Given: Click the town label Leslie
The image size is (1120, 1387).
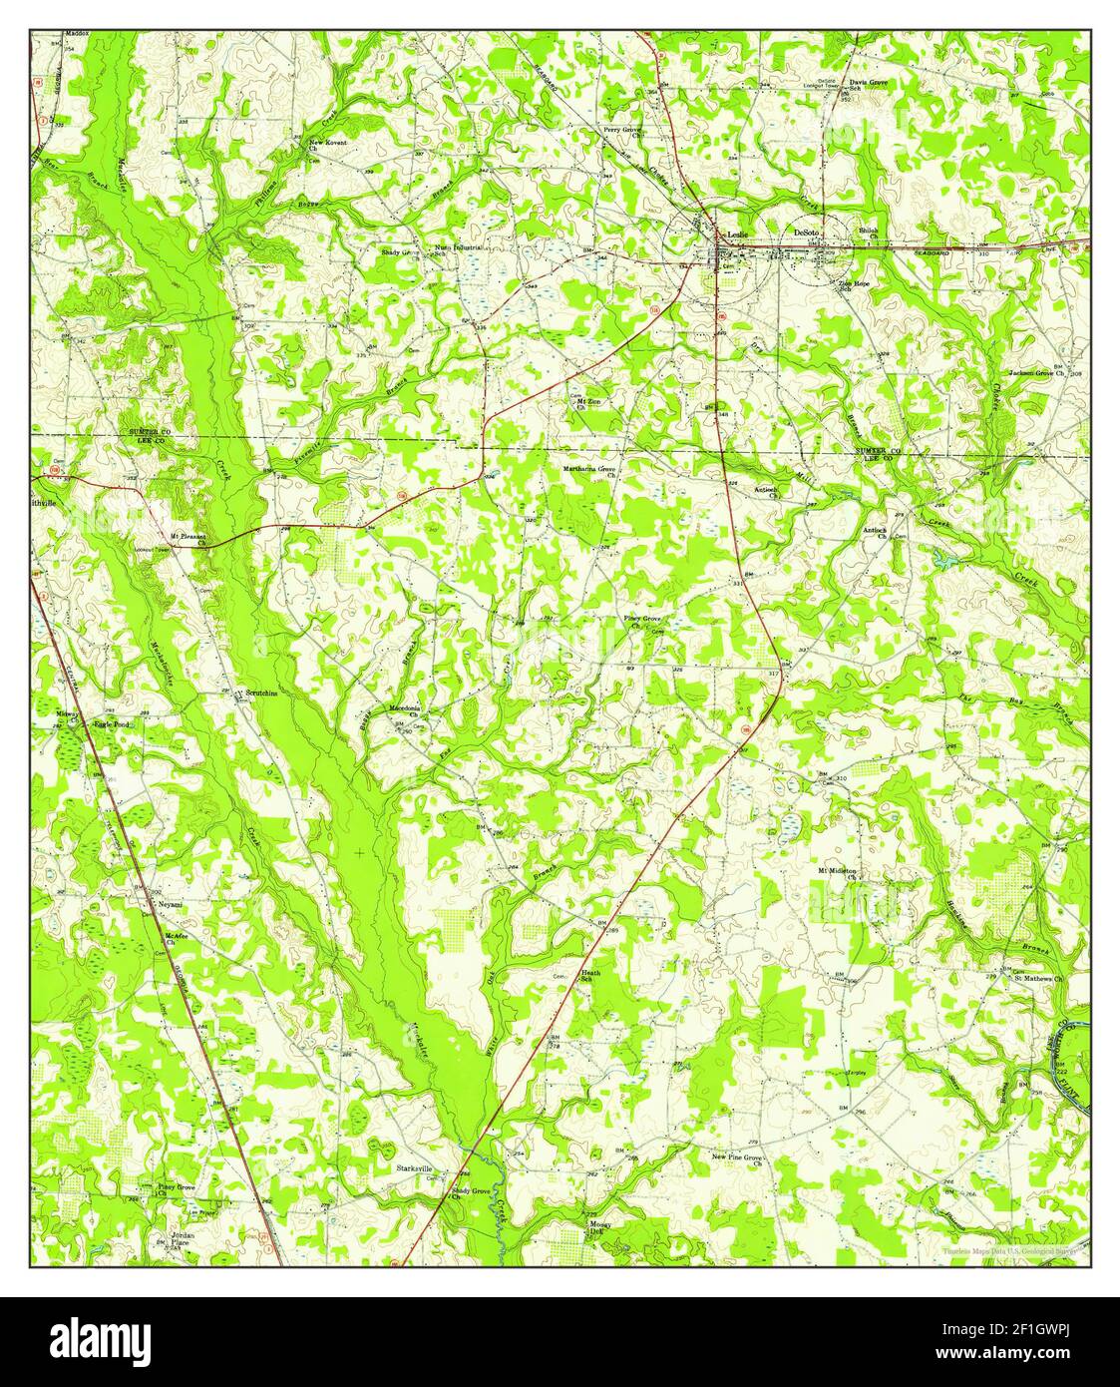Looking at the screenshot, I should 738,235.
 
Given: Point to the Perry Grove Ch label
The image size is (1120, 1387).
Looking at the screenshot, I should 624,131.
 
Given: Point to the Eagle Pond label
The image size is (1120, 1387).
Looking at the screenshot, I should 111,724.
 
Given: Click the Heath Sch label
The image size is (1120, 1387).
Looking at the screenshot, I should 590,975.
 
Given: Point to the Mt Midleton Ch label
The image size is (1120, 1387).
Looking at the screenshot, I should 837,874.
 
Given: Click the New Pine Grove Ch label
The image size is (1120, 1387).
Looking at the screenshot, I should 736,1159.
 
